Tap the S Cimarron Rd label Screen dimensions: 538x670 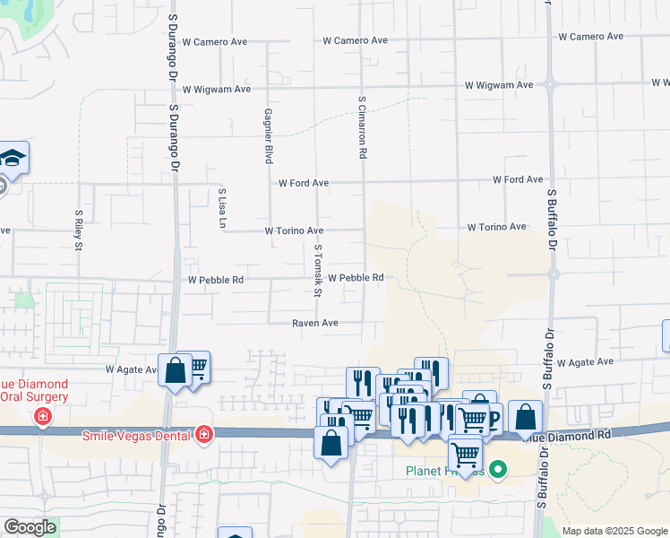point(363,128)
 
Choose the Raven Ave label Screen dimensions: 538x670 point(315,323)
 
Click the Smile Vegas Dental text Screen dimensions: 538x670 point(137,436)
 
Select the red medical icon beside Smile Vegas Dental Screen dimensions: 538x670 point(204,435)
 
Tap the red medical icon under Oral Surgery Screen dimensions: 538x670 point(41,416)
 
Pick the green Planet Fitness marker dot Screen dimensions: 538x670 point(500,469)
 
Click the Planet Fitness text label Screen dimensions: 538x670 point(443,471)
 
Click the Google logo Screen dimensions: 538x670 point(29,527)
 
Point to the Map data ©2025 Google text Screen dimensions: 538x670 point(614,531)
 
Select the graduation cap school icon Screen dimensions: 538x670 point(13,159)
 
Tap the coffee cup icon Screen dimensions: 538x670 point(488,417)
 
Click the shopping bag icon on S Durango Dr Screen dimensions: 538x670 point(175,369)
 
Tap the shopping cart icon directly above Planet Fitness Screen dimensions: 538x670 point(465,452)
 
